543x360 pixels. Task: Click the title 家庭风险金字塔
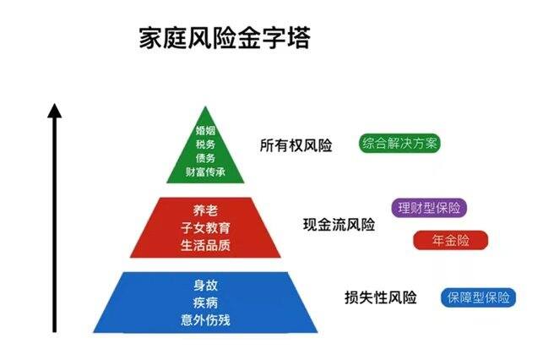225,37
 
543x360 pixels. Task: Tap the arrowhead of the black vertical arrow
54,110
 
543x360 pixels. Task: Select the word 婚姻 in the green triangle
205,131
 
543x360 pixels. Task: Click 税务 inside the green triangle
205,145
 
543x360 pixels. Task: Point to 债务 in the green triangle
205,158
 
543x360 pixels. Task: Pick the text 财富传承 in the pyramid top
205,172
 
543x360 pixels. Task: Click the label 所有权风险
296,145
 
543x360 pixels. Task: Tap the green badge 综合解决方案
399,143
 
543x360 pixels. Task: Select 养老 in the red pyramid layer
205,210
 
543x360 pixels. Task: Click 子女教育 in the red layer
205,227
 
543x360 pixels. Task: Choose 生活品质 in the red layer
205,245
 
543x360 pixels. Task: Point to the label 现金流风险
339,225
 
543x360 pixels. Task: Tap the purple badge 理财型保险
429,208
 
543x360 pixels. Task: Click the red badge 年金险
451,240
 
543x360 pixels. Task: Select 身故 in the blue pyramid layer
205,285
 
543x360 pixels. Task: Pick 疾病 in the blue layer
205,303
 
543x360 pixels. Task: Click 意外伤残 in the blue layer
205,319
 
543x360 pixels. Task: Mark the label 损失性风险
381,297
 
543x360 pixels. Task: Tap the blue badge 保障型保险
478,297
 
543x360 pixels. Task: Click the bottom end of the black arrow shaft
54,332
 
